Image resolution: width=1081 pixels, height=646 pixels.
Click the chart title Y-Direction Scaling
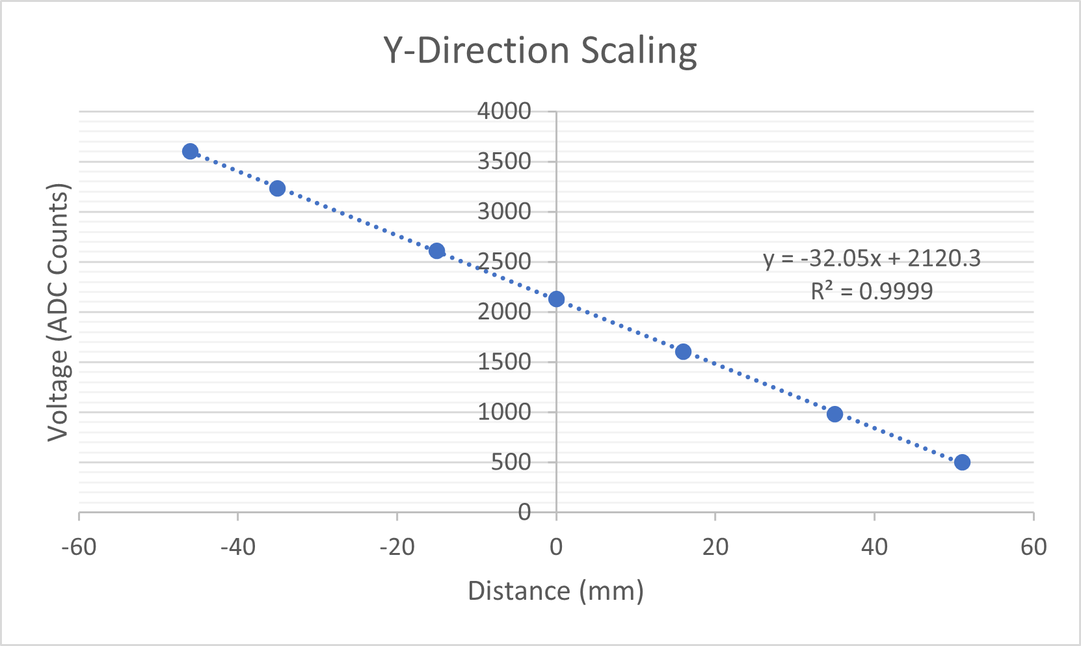pos(540,51)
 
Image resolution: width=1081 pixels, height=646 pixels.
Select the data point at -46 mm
pos(190,152)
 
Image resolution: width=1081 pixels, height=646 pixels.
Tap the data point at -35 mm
pos(277,189)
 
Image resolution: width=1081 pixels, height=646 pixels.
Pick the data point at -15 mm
pos(437,251)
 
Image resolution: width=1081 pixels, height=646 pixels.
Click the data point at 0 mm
pos(556,299)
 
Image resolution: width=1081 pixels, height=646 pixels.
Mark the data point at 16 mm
pos(683,352)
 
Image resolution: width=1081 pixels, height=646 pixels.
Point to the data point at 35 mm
pos(834,414)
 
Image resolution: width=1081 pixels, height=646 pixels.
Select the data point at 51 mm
pos(962,463)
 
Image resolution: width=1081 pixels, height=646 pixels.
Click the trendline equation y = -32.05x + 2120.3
pos(872,259)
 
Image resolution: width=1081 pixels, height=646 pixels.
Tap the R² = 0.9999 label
pos(872,291)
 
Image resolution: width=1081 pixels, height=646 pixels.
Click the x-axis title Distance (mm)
pos(555,591)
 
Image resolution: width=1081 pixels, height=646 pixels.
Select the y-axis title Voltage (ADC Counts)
pos(59,312)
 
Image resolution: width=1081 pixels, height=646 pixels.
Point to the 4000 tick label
pos(504,111)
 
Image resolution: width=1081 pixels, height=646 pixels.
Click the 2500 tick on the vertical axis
pos(504,262)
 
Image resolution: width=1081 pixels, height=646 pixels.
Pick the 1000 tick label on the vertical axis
pos(504,412)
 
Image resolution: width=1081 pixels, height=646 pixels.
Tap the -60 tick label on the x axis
pos(79,547)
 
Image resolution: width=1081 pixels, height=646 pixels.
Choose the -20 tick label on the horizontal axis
pos(397,547)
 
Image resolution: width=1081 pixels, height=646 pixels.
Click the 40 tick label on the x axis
pos(874,547)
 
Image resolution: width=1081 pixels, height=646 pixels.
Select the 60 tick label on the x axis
pos(1034,547)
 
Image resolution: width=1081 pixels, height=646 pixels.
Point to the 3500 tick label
pos(504,161)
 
